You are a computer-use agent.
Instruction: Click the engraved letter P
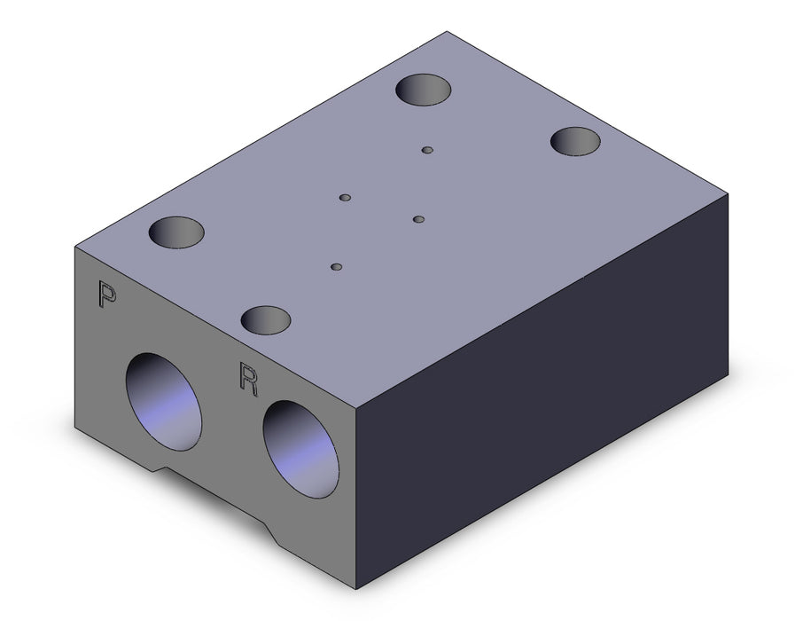pyautogui.click(x=106, y=295)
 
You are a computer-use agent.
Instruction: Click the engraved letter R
pyautogui.click(x=248, y=379)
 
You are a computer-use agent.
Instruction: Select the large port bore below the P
pyautogui.click(x=163, y=402)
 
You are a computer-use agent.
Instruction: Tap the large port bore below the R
pyautogui.click(x=300, y=449)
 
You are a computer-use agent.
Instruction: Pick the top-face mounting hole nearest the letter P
pyautogui.click(x=176, y=232)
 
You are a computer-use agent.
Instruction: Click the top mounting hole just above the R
pyautogui.click(x=266, y=320)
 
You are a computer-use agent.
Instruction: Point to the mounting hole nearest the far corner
pyautogui.click(x=424, y=90)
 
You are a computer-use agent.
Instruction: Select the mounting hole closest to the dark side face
pyautogui.click(x=575, y=142)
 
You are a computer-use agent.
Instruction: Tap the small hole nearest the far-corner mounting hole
pyautogui.click(x=427, y=150)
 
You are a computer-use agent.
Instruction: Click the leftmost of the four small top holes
pyautogui.click(x=346, y=198)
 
